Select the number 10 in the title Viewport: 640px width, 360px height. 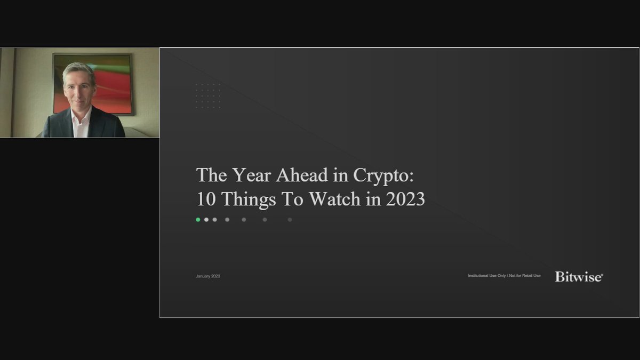point(206,199)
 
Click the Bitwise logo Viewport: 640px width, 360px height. point(579,276)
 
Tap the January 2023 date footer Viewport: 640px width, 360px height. point(208,276)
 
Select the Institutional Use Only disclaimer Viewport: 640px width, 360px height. point(504,276)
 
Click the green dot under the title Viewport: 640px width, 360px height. point(198,219)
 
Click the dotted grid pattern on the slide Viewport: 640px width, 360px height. point(208,96)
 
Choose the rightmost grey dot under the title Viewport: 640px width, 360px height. point(290,219)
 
